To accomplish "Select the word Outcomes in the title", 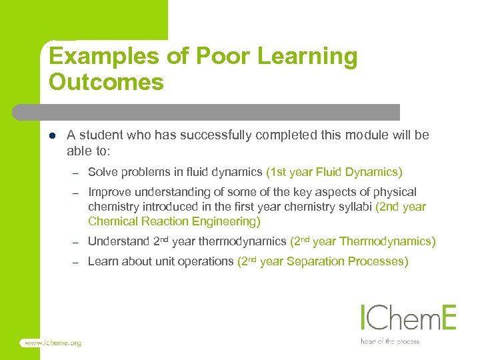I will (x=106, y=82).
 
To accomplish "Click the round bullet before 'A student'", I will (x=52, y=135).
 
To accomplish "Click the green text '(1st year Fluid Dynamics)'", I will (x=334, y=172).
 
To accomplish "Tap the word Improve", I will (x=109, y=192).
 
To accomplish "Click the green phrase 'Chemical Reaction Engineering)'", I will (x=174, y=221).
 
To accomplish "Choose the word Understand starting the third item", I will (x=118, y=241).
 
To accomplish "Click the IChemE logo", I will (x=408, y=318).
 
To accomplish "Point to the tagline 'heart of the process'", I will (x=390, y=341).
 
